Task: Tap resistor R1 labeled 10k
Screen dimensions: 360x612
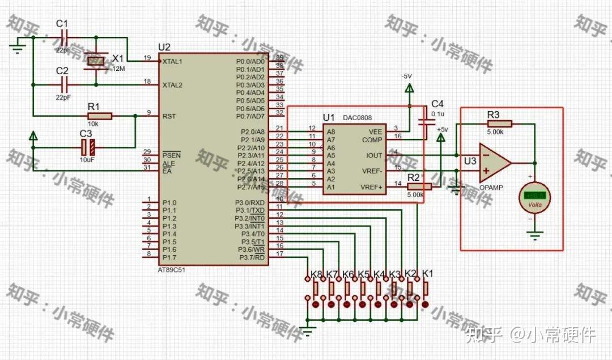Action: pos(100,116)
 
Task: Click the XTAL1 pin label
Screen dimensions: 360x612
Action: pos(172,61)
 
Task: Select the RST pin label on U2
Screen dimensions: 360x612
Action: pos(169,116)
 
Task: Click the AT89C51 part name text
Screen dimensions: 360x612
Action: pos(171,270)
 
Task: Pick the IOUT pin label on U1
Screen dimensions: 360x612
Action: pos(374,155)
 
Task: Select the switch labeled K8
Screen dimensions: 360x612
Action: pos(316,288)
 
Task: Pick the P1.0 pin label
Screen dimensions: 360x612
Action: pos(169,202)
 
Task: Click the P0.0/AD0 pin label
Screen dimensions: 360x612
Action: pos(250,61)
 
